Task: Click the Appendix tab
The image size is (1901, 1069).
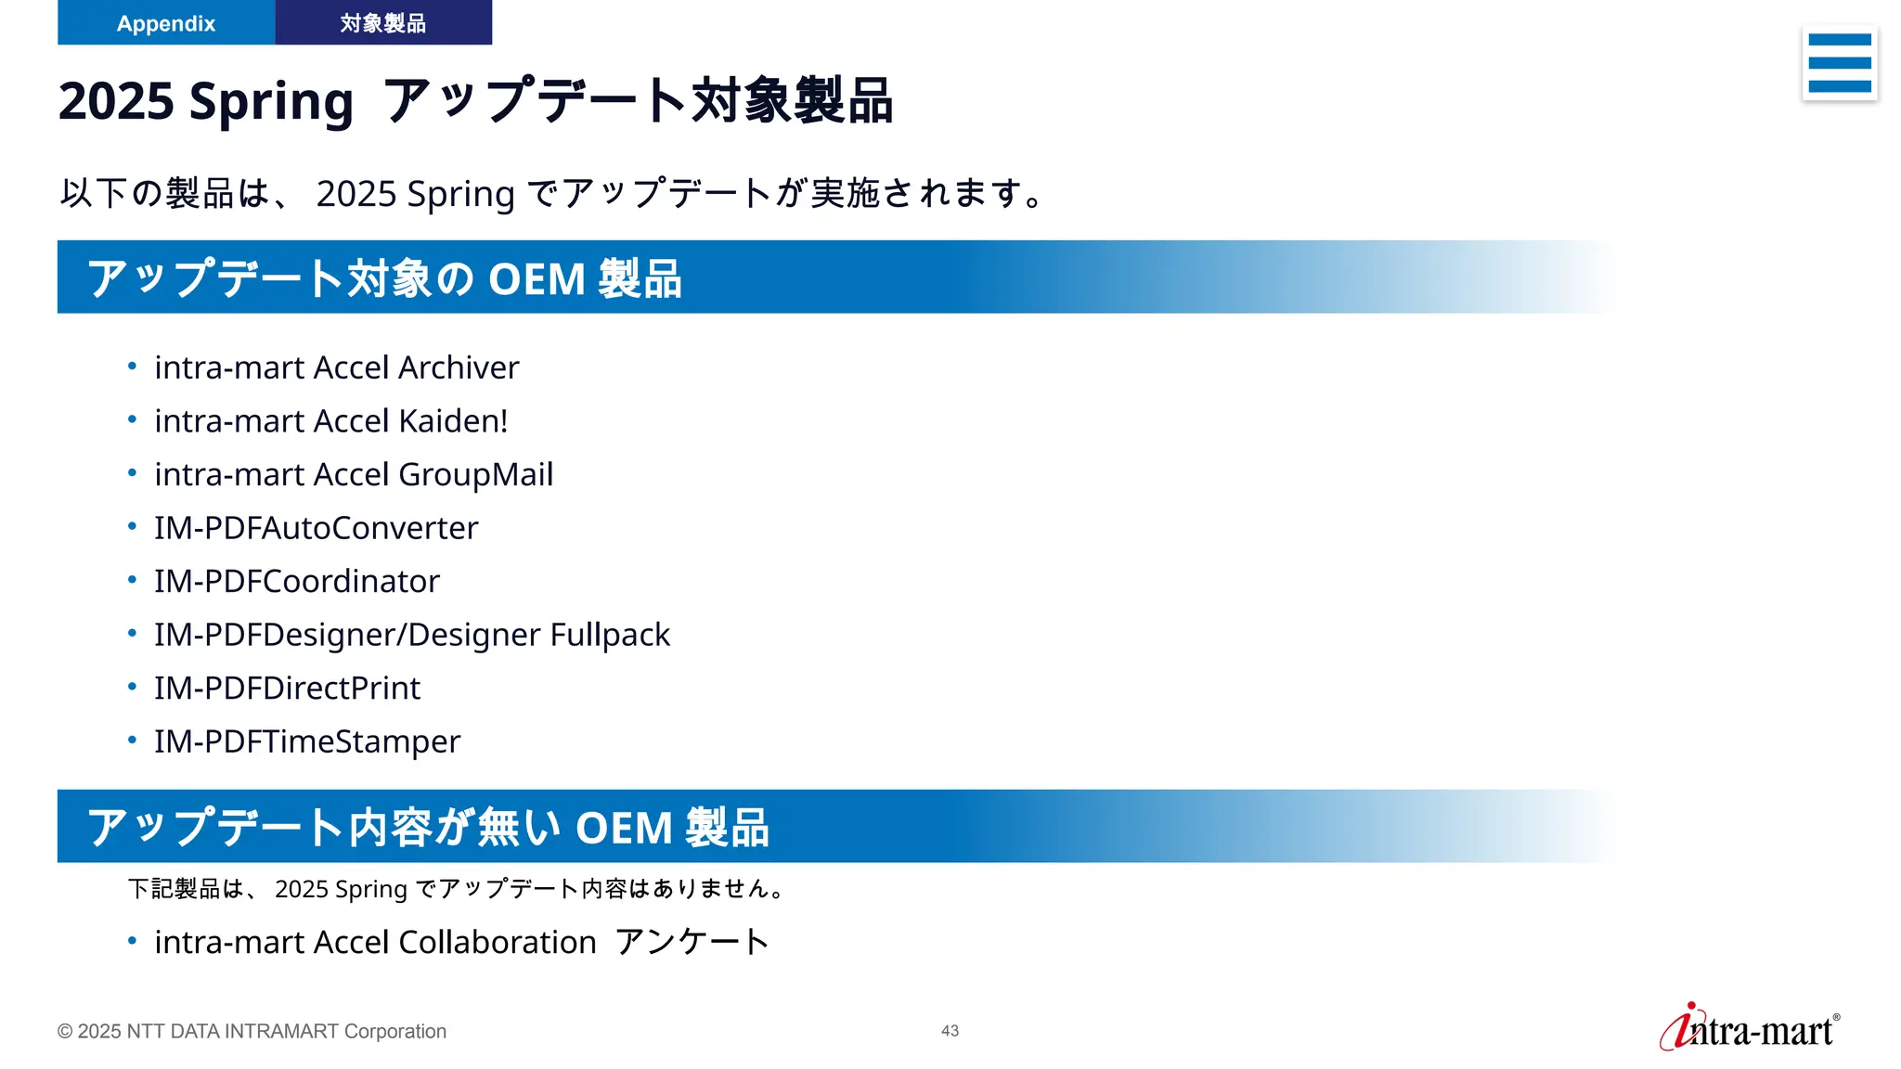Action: pyautogui.click(x=166, y=23)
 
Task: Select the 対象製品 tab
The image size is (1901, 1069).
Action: pyautogui.click(x=382, y=23)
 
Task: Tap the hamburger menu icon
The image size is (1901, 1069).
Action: pyautogui.click(x=1839, y=63)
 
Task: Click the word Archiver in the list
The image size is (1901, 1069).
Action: pyautogui.click(x=459, y=368)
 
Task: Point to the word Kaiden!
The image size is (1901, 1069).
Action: pyautogui.click(x=453, y=421)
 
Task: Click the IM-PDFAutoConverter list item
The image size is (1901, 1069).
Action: pyautogui.click(x=316, y=528)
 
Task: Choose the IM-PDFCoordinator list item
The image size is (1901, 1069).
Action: pyautogui.click(x=296, y=582)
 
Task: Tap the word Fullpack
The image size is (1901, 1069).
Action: pyautogui.click(x=610, y=636)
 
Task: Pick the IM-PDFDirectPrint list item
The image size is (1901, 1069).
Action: pyautogui.click(x=287, y=689)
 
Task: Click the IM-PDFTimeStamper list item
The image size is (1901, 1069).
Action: pyautogui.click(x=306, y=742)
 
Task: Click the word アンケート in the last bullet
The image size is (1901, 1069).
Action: pyautogui.click(x=692, y=943)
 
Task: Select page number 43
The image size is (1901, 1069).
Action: pyautogui.click(x=950, y=1031)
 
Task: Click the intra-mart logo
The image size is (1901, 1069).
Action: pyautogui.click(x=1750, y=1028)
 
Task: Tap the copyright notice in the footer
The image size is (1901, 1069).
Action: pyautogui.click(x=252, y=1032)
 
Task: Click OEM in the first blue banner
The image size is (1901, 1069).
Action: pyautogui.click(x=536, y=279)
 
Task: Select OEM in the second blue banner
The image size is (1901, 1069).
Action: pyautogui.click(x=623, y=828)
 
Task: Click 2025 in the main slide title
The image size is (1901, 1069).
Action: pyautogui.click(x=116, y=101)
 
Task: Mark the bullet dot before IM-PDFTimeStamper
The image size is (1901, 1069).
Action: pyautogui.click(x=133, y=741)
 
